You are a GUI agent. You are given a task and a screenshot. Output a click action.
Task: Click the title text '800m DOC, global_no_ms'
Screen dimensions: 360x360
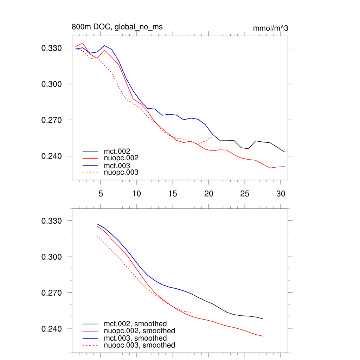coord(117,27)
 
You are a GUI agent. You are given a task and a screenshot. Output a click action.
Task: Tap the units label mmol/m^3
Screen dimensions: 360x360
coord(270,28)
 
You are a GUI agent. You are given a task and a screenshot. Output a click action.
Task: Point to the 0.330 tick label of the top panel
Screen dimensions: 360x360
coord(52,48)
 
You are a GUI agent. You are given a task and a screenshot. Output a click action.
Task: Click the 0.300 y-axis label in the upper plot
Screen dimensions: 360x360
coord(52,84)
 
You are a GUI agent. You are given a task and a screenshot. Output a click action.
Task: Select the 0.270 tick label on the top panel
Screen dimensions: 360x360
coord(52,120)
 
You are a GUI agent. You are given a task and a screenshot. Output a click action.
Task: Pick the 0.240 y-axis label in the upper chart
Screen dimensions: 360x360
coord(52,156)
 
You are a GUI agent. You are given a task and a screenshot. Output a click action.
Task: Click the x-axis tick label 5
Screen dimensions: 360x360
coord(101,193)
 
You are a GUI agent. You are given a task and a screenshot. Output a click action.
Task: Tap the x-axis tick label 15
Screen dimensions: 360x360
coord(173,193)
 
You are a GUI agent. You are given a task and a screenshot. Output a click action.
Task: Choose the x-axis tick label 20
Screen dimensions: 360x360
coord(208,193)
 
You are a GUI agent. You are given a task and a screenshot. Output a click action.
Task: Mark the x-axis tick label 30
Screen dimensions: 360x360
coord(281,193)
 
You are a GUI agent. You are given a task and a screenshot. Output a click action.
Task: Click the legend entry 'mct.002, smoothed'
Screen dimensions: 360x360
coord(135,324)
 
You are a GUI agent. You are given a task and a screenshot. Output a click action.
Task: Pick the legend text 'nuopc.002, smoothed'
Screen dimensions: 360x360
coord(139,331)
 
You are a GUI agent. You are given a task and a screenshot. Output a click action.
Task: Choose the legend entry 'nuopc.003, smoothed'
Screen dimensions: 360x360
coord(139,345)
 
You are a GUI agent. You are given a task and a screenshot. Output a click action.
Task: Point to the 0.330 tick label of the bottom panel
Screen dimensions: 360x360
coord(52,221)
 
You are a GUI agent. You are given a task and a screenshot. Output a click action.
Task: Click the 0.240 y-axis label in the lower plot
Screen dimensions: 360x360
coord(52,329)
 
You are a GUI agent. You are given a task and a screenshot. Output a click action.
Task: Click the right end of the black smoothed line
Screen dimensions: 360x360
coord(263,319)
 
